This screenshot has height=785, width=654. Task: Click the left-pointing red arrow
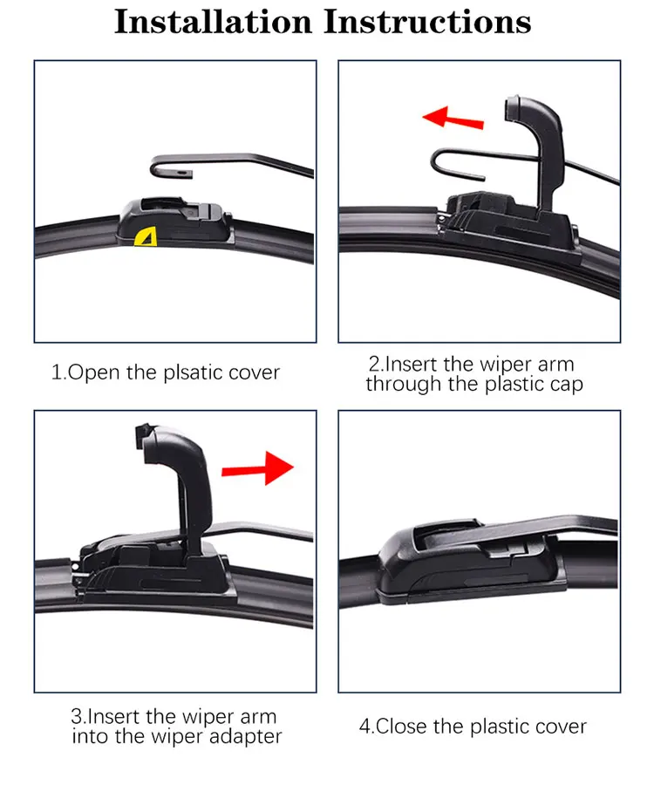[453, 118]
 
